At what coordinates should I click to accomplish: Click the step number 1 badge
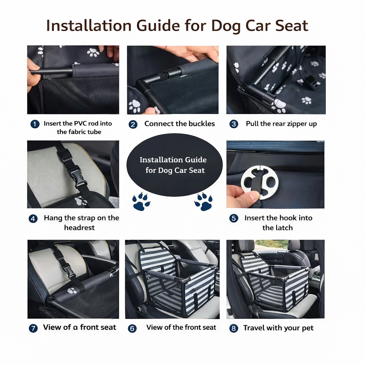(35, 124)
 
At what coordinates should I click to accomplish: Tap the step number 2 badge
(133, 124)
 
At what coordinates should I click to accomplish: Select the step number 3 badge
(233, 124)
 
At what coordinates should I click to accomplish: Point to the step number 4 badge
(33, 219)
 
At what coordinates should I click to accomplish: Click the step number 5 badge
(233, 218)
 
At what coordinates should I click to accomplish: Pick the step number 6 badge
(132, 328)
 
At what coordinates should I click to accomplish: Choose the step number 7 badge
(33, 328)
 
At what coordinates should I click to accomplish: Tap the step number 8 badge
(233, 328)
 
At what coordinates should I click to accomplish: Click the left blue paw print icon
(141, 201)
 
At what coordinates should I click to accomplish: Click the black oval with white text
(174, 164)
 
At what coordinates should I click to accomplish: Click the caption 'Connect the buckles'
(179, 124)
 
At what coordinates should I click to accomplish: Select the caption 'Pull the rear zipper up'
(281, 124)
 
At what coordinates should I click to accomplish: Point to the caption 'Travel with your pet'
(278, 328)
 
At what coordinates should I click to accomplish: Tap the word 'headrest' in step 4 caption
(79, 228)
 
